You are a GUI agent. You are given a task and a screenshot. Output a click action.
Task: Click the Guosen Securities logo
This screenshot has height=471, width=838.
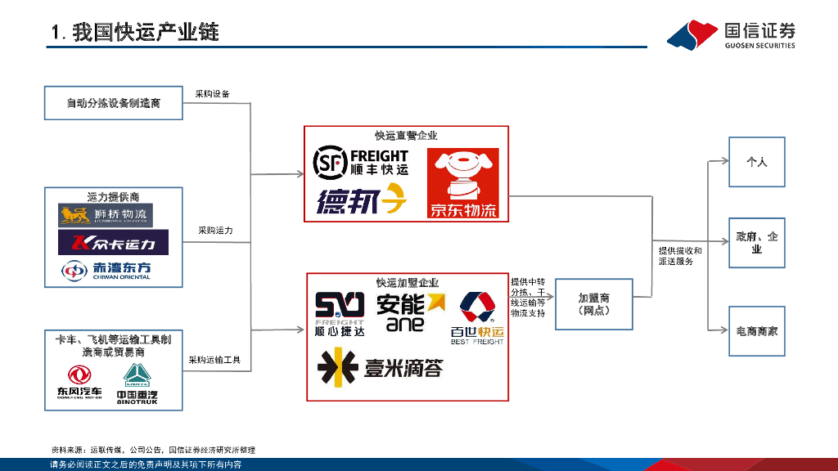point(731,34)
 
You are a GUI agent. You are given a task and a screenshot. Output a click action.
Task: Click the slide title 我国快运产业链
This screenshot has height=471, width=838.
point(135,34)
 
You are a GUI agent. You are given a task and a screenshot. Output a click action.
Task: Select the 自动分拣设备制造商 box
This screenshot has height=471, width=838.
point(114,104)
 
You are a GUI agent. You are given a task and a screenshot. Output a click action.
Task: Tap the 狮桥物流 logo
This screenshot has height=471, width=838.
point(106,216)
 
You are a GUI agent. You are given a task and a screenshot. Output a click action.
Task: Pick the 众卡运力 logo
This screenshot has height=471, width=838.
point(113,243)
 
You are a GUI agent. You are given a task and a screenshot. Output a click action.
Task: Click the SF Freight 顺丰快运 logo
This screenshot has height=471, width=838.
point(361,163)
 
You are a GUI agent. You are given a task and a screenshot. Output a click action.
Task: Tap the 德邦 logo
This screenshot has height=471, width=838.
point(361,200)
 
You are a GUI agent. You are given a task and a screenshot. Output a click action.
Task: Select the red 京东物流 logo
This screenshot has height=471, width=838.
point(463,184)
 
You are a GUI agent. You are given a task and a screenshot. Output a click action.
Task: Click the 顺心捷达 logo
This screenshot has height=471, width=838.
point(340,314)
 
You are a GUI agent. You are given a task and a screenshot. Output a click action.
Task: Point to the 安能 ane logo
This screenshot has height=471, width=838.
point(410,312)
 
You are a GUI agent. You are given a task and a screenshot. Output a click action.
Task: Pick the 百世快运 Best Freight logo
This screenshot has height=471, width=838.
point(477,317)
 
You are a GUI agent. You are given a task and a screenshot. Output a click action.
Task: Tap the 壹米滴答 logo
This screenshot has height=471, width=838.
point(381,368)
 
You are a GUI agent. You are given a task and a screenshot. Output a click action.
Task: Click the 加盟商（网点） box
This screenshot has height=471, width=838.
point(593,305)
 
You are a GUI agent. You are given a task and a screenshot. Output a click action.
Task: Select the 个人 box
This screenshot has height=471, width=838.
point(756,162)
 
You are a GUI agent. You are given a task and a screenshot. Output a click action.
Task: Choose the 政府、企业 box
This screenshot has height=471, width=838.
point(756,243)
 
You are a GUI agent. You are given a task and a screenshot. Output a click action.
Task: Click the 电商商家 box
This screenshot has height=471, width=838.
point(756,331)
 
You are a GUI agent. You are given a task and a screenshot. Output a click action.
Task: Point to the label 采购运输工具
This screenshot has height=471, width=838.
point(214,360)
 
